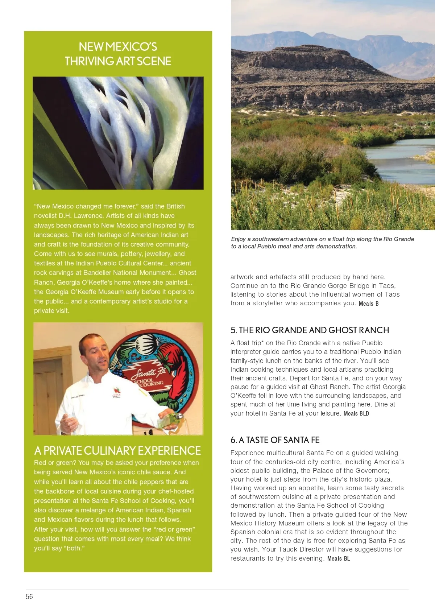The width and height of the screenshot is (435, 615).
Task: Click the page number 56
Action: click(x=29, y=597)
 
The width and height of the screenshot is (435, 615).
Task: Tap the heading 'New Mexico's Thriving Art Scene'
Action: click(x=118, y=54)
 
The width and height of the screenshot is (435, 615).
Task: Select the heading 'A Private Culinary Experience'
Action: click(x=117, y=450)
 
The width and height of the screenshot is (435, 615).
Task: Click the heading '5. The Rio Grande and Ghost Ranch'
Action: click(x=310, y=330)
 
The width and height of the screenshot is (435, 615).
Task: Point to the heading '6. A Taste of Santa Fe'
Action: click(x=275, y=440)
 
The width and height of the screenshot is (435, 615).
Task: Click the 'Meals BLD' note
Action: click(x=356, y=413)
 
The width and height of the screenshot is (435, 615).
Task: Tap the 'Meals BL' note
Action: click(x=338, y=558)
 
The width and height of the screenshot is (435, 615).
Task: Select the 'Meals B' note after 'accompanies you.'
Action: click(x=368, y=304)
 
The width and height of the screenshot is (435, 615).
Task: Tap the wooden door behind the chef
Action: click(x=47, y=392)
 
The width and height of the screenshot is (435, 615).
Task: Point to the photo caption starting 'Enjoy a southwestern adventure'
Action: click(x=322, y=243)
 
